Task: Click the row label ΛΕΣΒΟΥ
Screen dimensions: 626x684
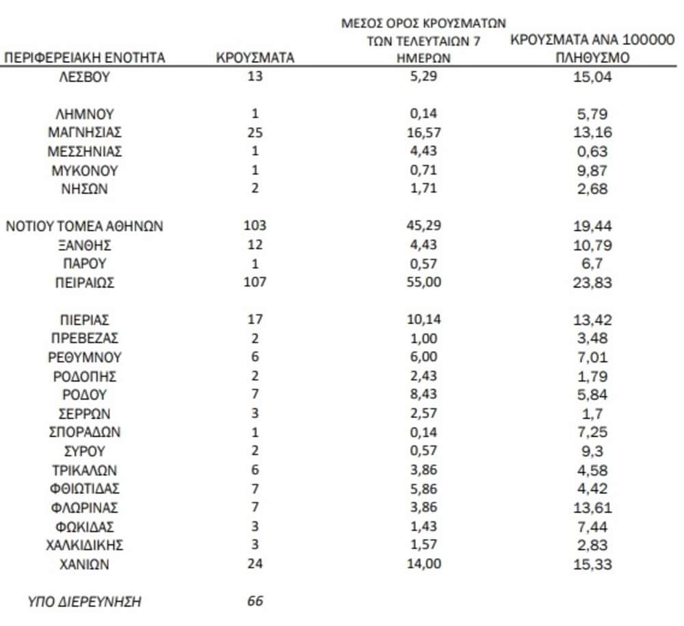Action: [84, 77]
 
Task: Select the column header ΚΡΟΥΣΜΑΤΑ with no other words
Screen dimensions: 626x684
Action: [255, 58]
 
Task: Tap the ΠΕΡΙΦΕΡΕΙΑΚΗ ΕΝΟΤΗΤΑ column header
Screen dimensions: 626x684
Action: [85, 58]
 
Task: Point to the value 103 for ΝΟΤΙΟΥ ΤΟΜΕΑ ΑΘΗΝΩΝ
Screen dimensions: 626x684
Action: [254, 226]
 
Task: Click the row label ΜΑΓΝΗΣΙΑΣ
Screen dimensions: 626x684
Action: [84, 133]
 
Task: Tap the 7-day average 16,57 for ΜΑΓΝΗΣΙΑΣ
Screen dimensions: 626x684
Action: [424, 133]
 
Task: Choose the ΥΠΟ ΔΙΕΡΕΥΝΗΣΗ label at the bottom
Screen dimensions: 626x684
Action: [85, 602]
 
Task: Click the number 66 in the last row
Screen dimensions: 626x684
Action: [254, 602]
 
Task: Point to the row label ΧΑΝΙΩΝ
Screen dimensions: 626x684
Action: [84, 564]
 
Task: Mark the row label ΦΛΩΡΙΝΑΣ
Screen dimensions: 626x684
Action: [84, 508]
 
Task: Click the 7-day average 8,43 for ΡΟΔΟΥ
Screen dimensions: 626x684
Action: [424, 395]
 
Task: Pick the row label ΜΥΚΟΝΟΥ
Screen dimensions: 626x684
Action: [84, 170]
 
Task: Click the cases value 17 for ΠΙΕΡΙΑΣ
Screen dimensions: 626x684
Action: [254, 319]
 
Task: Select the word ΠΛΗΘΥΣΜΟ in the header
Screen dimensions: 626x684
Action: [592, 58]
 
